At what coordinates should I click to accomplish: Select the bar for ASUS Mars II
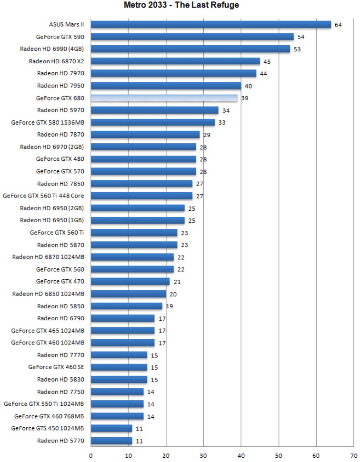click(x=210, y=24)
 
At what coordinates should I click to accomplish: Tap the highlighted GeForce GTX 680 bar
click(x=164, y=98)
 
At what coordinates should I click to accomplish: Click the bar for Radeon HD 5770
click(x=111, y=441)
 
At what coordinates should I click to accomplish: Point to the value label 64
click(x=338, y=25)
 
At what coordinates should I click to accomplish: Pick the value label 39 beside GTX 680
click(x=245, y=98)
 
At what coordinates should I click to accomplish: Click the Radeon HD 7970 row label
click(x=60, y=73)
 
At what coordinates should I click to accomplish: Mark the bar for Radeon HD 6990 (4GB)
click(x=190, y=49)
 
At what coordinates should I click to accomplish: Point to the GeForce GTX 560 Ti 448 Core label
click(x=43, y=196)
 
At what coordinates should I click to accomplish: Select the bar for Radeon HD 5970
click(x=154, y=110)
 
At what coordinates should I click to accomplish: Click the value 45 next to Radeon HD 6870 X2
click(x=267, y=61)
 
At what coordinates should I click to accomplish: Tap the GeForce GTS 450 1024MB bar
click(x=111, y=428)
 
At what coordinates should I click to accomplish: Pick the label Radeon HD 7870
click(x=60, y=135)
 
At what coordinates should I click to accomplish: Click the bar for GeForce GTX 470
click(x=130, y=281)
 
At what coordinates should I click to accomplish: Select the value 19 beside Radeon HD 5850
click(x=170, y=306)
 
